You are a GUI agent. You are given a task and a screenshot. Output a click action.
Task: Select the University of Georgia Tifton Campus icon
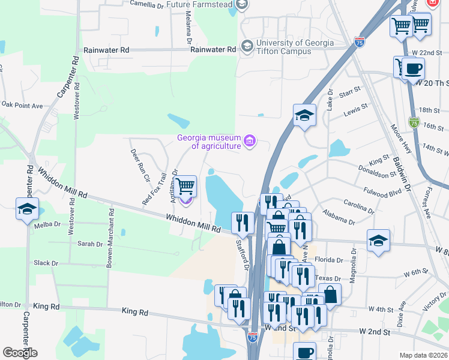[x=247, y=46]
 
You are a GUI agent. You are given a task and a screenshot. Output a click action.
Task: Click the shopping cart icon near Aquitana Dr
[x=185, y=187]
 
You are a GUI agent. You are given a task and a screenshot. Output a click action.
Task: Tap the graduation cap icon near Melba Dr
[x=28, y=209]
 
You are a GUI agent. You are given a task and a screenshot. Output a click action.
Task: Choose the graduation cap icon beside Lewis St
[x=304, y=115]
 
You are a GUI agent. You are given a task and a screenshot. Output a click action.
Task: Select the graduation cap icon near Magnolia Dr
[x=378, y=241]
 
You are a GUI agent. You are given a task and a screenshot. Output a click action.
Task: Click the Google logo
[x=20, y=353]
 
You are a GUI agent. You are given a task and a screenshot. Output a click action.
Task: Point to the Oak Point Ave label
[x=22, y=105]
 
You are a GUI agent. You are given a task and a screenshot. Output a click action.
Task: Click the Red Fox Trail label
[x=154, y=189]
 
